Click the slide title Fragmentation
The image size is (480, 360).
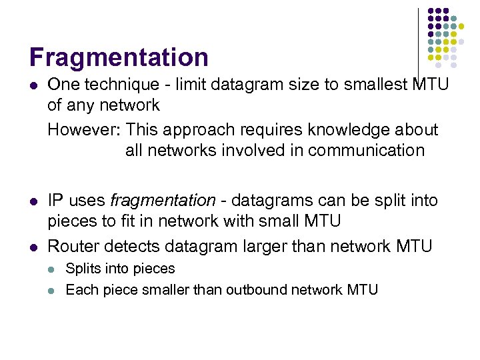click(x=119, y=57)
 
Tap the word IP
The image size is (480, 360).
click(x=55, y=200)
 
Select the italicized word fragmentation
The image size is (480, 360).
click(x=163, y=200)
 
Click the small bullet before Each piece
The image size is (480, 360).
click(x=53, y=291)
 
